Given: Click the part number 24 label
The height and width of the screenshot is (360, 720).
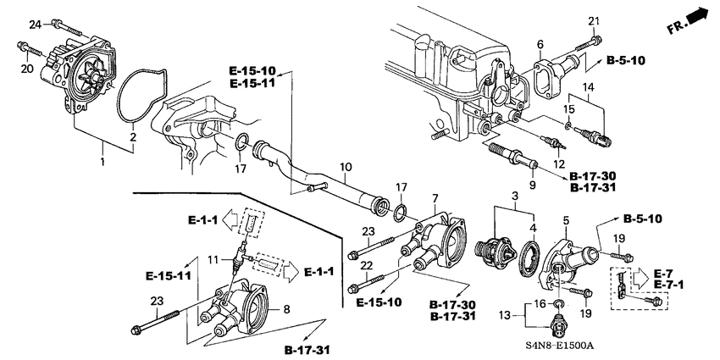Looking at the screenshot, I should point(34,25).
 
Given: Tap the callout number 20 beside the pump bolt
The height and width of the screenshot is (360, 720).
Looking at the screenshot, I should point(26,69).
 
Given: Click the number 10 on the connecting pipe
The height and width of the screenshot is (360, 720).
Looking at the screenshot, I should point(346,167).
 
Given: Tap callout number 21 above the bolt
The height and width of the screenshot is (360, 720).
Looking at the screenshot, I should point(594,20).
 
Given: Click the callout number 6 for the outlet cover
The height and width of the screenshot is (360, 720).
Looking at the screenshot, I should point(539,44).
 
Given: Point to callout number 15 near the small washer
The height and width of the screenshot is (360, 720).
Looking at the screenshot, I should point(569,109).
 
